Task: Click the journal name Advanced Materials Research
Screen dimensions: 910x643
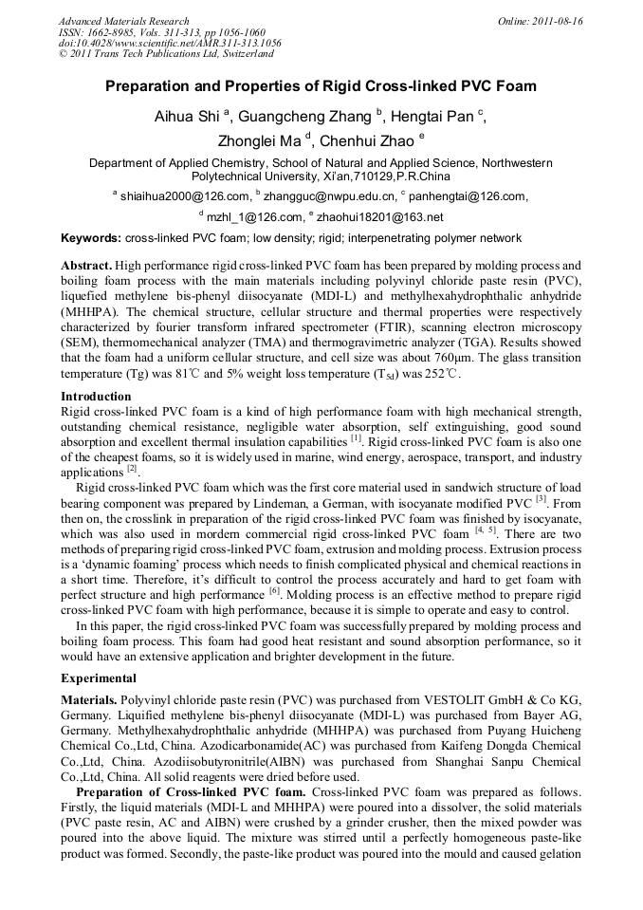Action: [123, 21]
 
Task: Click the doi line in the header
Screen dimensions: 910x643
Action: [170, 43]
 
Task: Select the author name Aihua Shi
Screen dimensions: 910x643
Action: [186, 117]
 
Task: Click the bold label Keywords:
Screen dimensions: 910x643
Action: [91, 238]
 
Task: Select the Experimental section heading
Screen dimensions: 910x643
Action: [101, 678]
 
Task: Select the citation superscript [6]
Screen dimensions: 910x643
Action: [274, 589]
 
